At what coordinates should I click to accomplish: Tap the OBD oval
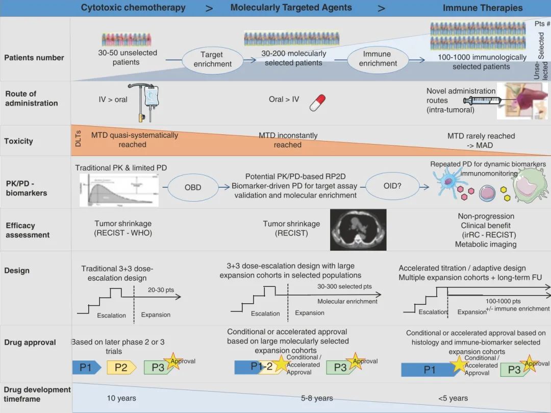point(193,187)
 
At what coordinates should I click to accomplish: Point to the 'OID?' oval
point(392,187)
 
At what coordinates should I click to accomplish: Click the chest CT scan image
point(358,229)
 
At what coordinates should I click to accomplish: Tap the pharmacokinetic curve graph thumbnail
point(119,189)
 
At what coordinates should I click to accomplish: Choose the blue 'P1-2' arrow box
point(255,367)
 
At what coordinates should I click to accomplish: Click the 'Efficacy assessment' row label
point(28,230)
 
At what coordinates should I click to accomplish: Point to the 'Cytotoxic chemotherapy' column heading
point(133,8)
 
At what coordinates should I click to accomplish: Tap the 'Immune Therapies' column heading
point(483,8)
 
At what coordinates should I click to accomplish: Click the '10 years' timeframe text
point(121,398)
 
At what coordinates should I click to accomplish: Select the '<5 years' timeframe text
point(453,398)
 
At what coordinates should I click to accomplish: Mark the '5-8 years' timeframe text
point(317,398)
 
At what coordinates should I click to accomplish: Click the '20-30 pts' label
point(161,290)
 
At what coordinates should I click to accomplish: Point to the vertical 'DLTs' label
point(78,139)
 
